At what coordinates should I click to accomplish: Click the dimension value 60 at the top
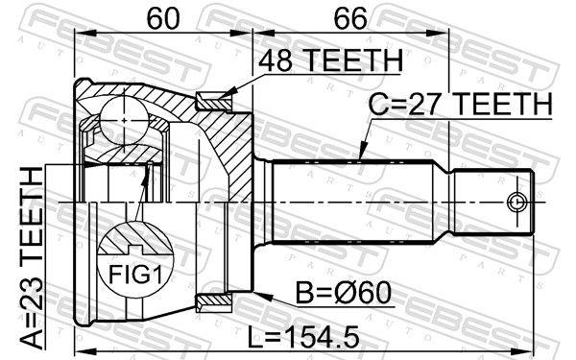pyautogui.click(x=162, y=18)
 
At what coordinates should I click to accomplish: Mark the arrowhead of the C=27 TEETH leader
pyautogui.click(x=360, y=157)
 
